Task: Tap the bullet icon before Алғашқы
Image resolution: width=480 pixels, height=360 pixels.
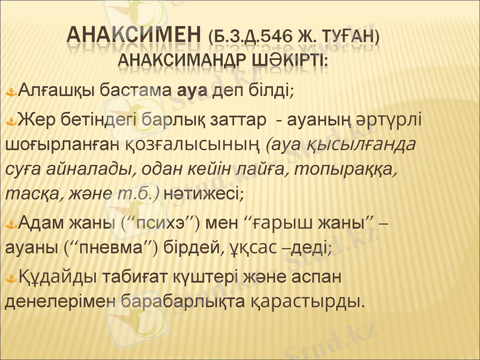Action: pos(12,92)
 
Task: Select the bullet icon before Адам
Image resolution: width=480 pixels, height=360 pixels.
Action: pos(12,225)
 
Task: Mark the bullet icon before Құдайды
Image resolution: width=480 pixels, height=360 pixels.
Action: pos(12,278)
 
